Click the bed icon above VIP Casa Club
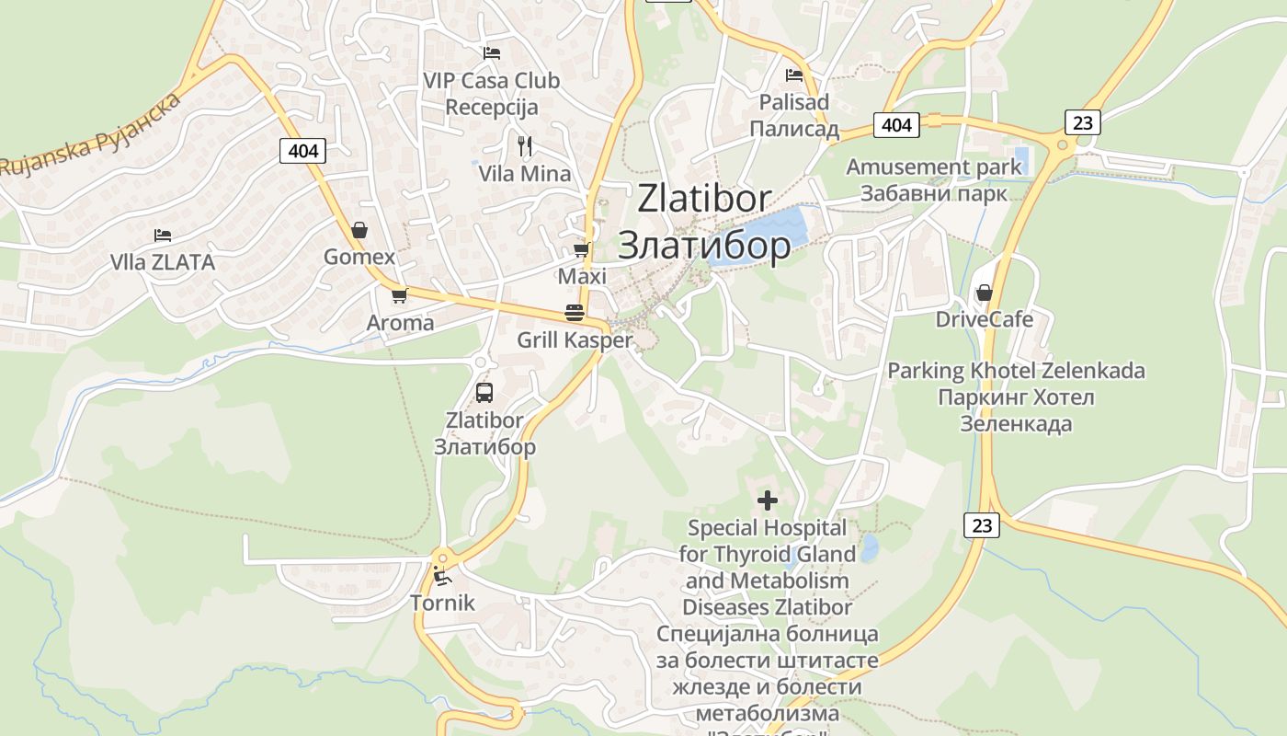(492, 53)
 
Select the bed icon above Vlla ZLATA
(163, 236)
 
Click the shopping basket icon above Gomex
(359, 230)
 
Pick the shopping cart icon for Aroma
(399, 295)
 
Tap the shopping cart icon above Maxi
(581, 249)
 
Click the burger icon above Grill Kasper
(575, 313)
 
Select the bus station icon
(484, 393)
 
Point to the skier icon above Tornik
(442, 577)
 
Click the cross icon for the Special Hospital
(768, 500)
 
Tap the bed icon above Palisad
(794, 75)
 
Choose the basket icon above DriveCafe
(985, 293)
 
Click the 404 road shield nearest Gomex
(302, 150)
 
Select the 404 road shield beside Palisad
(895, 124)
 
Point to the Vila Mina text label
(525, 174)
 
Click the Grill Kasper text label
(575, 340)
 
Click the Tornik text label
(442, 604)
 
